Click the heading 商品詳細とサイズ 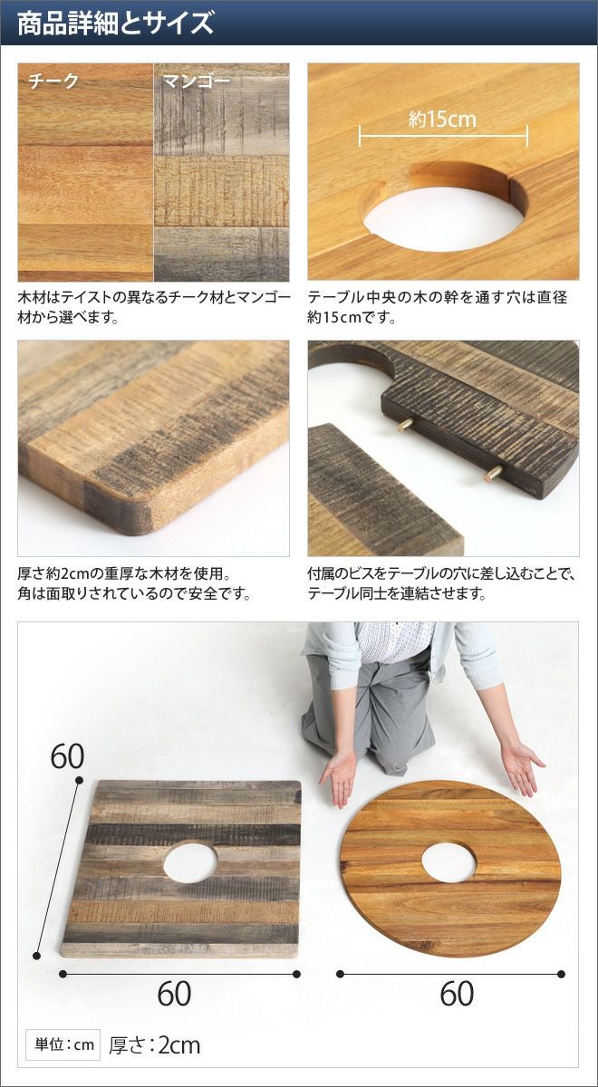116,24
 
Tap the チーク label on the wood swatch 53,81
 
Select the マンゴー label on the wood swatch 196,81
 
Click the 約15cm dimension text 442,119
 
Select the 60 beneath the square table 174,993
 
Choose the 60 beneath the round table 458,993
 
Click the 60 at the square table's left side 67,756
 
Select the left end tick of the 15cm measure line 360,135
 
